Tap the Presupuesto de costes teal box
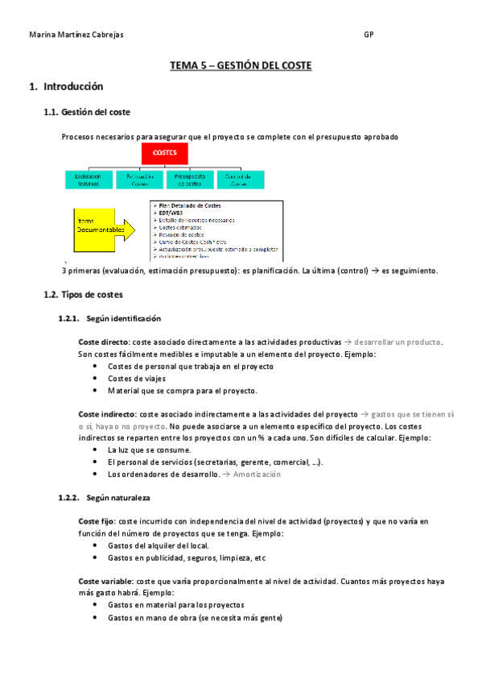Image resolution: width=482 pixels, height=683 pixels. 189,180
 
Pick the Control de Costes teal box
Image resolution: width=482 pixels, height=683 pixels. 239,180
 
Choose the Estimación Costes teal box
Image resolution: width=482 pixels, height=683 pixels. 138,180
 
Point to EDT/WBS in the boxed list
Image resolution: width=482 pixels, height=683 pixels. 172,213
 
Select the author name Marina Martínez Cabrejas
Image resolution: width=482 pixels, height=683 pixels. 76,35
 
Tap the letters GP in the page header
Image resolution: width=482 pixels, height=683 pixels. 369,35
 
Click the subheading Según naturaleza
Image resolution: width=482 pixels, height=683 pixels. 117,499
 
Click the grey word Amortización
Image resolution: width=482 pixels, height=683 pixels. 257,474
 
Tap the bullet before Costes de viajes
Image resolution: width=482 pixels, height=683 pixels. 97,379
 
